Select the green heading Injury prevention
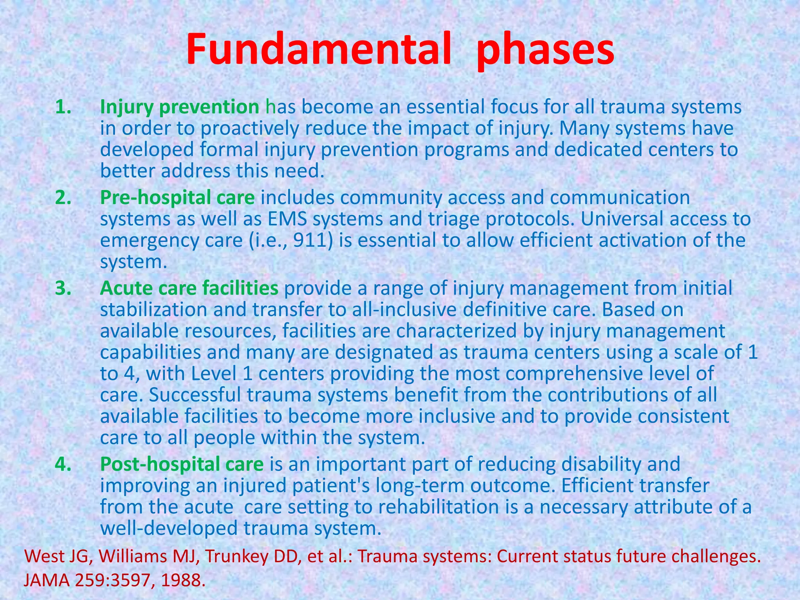(179, 107)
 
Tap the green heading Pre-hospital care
(177, 198)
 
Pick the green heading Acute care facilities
(189, 288)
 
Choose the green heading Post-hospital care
(182, 464)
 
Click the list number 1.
(63, 107)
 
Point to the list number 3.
(63, 288)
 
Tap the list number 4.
(63, 464)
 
